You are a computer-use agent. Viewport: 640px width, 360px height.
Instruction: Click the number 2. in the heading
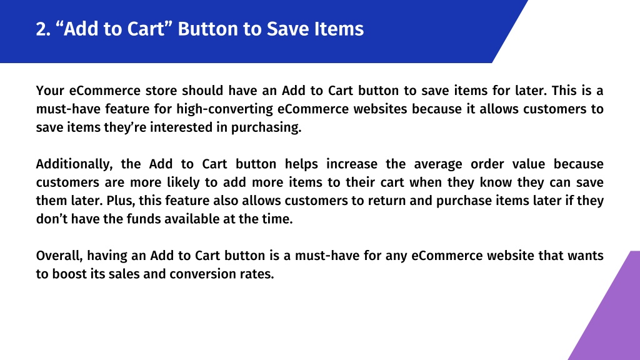(43, 29)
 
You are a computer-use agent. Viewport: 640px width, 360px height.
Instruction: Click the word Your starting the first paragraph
(50, 90)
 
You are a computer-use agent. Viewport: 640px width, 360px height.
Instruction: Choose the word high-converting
(225, 109)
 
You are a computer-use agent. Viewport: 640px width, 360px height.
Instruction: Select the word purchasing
(266, 127)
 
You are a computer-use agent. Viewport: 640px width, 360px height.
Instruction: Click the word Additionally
(74, 164)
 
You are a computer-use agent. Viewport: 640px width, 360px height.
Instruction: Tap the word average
(438, 164)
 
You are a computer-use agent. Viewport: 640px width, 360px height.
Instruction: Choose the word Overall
(59, 256)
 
